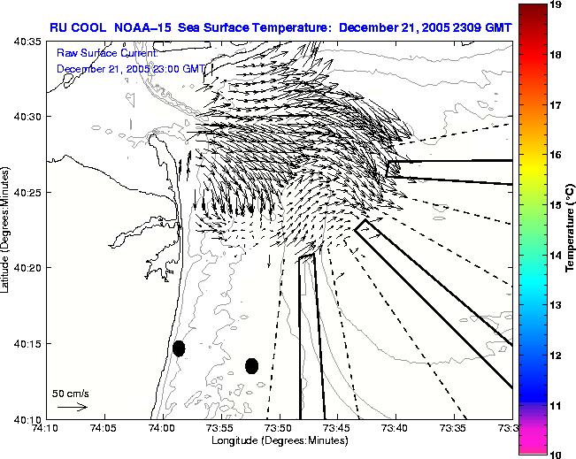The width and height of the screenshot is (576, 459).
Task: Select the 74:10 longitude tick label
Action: click(45, 428)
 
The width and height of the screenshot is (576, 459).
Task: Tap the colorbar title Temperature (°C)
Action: click(571, 229)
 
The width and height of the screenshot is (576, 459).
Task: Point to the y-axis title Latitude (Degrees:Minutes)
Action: click(7, 230)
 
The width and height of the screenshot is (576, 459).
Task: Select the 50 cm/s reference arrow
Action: click(71, 407)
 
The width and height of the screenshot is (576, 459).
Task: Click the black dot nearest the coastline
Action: click(179, 348)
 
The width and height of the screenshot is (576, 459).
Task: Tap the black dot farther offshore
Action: click(251, 365)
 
